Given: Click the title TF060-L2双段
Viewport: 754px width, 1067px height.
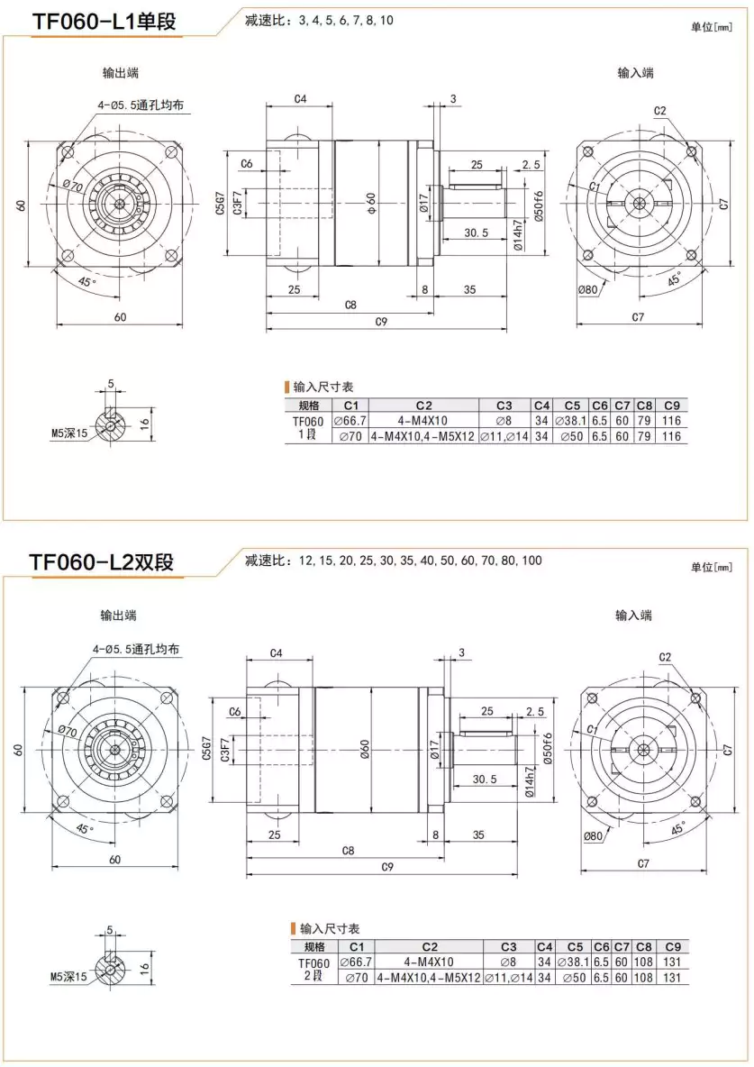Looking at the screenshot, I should pos(101,562).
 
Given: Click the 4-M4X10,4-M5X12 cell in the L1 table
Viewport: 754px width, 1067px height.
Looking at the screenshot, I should pos(422,436).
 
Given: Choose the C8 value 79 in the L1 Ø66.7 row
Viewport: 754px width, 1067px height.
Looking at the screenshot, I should pos(643,421).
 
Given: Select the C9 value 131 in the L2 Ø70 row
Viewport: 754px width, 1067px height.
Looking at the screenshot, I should pos(672,978).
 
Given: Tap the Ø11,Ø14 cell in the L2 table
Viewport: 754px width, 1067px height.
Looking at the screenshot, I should pos(507,978).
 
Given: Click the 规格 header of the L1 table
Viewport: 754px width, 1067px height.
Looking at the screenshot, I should pos(308,405).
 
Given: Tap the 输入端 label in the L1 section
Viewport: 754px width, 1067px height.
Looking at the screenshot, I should pos(635,73).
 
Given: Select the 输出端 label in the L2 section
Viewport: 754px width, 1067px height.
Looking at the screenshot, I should pos(118,616).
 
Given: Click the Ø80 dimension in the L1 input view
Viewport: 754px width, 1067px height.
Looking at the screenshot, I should pos(589,289).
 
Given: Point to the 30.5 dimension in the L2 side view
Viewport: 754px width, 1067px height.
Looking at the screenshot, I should pos(484,780).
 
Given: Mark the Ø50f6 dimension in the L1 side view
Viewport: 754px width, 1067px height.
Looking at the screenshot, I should pos(538,208).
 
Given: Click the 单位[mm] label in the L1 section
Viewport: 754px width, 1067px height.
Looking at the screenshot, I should pos(713,28).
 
